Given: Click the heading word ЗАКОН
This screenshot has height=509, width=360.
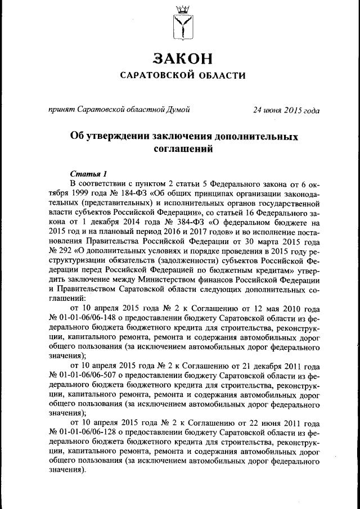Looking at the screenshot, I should (x=181, y=58).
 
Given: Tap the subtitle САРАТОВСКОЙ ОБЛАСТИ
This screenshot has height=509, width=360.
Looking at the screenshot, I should (x=181, y=76).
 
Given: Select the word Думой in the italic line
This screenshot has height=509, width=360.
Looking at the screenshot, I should (x=178, y=110).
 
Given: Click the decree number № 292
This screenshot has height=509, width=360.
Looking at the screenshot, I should (x=60, y=249).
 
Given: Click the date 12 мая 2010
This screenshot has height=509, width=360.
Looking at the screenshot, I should (x=275, y=309).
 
